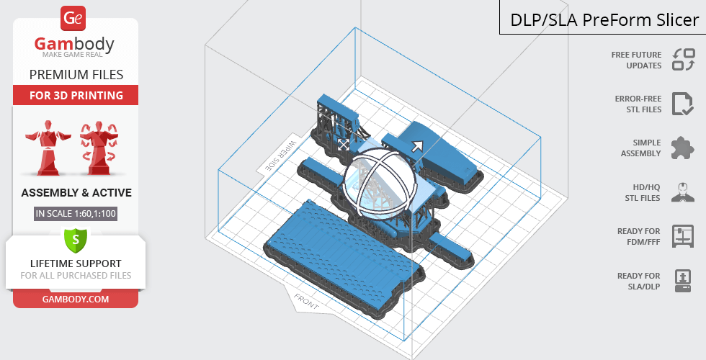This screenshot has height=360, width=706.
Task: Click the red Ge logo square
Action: (x=73, y=19)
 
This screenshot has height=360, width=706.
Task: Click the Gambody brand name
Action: (x=74, y=45)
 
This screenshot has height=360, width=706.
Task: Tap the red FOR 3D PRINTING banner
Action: (x=76, y=95)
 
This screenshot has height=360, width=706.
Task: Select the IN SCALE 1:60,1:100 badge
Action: (x=76, y=214)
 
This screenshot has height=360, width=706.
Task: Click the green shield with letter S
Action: (x=76, y=240)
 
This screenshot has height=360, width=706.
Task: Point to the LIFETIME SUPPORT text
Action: (x=76, y=264)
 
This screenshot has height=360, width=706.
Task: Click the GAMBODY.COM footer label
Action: (x=76, y=300)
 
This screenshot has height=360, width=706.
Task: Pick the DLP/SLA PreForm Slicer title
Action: (x=604, y=20)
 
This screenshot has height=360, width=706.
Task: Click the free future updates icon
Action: (x=684, y=60)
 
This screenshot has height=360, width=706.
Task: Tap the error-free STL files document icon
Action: (x=683, y=104)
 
